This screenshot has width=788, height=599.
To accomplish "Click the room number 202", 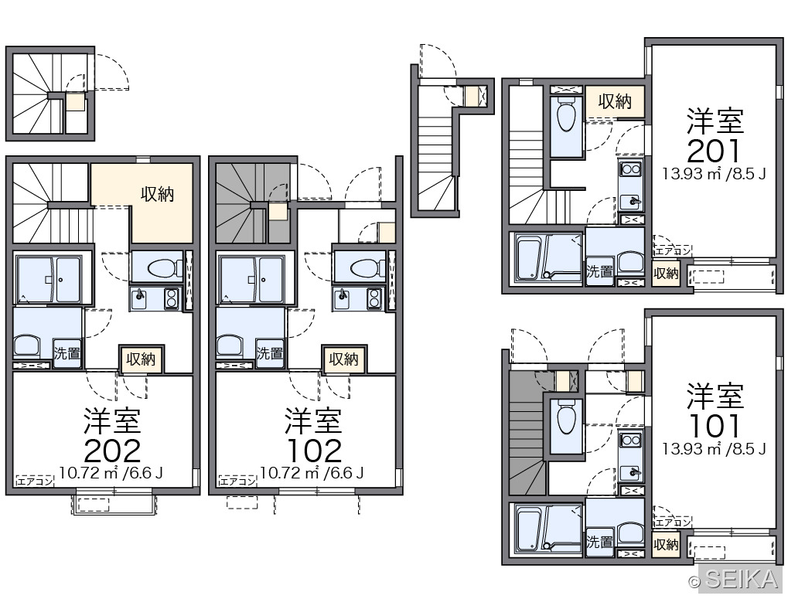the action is point(112,451).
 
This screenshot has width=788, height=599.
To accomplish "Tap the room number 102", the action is point(315,451).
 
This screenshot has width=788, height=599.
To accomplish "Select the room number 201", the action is point(714,151).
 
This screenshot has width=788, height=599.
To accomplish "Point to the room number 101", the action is point(714,426).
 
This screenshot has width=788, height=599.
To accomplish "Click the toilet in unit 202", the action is point(165,267).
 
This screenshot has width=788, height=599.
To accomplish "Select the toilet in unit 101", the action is point(566,417).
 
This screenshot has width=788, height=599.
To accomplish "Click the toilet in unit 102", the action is point(367,267).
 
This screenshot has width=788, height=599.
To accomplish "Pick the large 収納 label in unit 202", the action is point(157,194).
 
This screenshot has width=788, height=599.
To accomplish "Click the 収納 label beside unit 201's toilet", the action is point(615,101).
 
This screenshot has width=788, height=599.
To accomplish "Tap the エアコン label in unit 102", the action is point(237,481).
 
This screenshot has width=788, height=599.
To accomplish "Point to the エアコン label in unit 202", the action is point(35,481).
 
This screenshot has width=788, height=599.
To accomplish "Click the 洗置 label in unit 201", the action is point(599,271).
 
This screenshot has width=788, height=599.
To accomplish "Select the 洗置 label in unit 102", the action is point(270,353).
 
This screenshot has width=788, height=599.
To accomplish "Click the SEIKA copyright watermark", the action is point(734,580).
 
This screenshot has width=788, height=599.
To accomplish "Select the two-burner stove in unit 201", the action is point(631,168).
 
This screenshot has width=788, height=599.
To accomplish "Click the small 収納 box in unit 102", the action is point(344,359).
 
